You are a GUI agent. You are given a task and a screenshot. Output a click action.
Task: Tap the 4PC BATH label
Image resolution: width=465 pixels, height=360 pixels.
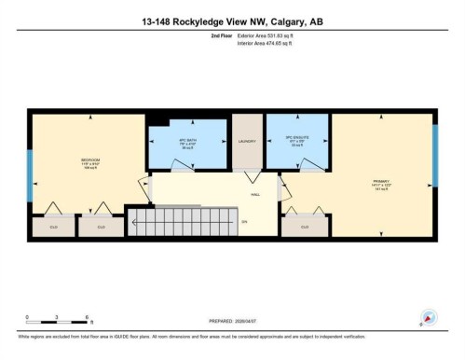click(187, 141)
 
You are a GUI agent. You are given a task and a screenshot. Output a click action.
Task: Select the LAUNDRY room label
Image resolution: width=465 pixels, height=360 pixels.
click(246, 142)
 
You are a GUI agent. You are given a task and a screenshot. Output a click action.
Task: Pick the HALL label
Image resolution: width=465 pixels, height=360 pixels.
click(254, 195)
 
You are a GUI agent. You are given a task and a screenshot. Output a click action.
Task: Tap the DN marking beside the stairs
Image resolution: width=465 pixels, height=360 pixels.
click(245, 222)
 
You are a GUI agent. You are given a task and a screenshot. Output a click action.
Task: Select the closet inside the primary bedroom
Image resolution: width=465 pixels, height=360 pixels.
click(305, 226)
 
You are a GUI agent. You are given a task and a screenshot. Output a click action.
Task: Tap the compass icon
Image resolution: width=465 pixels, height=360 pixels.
click(430, 317)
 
